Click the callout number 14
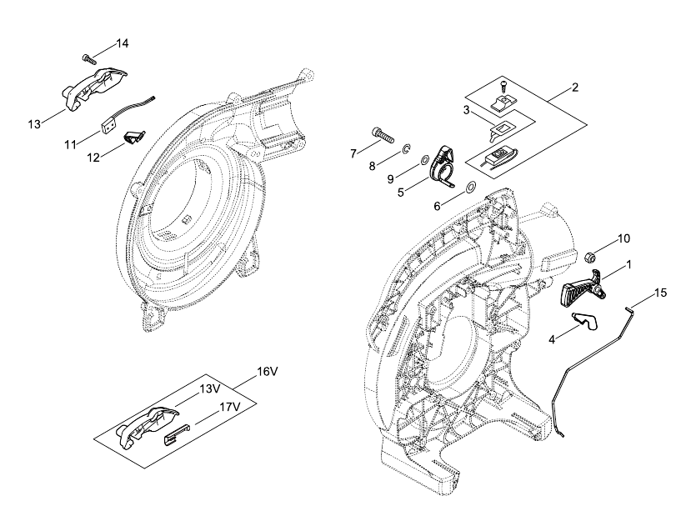[x=122, y=43]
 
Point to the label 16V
[x=268, y=372]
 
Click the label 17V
[x=230, y=407]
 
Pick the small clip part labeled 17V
[x=177, y=434]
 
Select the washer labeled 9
[x=423, y=161]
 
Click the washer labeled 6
[x=471, y=187]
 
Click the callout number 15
[x=661, y=293]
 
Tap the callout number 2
[x=575, y=87]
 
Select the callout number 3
[x=467, y=110]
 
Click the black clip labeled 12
[x=135, y=136]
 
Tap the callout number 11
[x=71, y=144]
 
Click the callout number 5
[x=401, y=193]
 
